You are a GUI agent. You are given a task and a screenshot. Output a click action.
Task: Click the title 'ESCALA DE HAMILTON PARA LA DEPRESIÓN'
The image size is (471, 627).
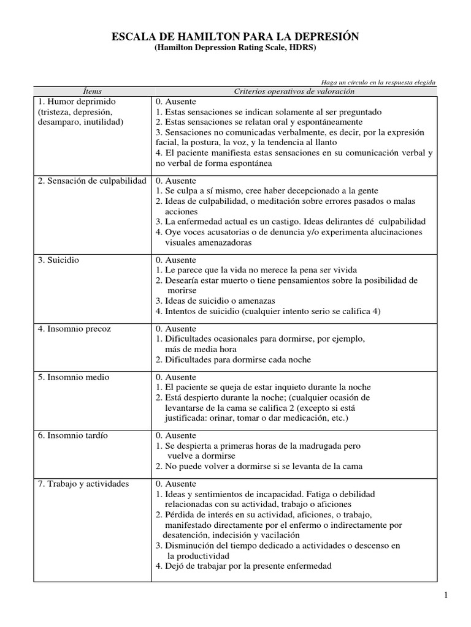[235, 38]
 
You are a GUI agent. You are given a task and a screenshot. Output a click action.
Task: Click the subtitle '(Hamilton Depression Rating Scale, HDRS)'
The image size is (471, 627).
[235, 48]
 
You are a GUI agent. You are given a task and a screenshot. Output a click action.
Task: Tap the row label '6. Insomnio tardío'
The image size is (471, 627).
[72, 435]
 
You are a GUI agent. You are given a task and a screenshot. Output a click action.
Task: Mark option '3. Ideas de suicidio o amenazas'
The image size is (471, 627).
[215, 301]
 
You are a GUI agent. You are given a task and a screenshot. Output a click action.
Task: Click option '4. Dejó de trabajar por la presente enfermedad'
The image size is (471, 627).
[243, 566]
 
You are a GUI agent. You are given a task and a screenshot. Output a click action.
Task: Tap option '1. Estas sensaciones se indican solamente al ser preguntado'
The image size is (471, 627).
[268, 112]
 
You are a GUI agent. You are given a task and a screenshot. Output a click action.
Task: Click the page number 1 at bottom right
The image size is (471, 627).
[447, 595]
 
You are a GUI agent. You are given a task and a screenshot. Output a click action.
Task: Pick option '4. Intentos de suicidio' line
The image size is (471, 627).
[268, 311]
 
